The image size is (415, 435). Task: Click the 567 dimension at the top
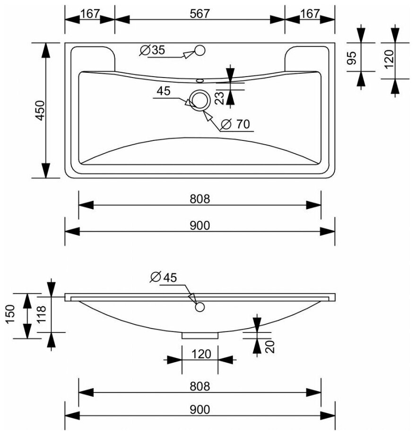coord(200,14)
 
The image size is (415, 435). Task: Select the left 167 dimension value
coord(89,14)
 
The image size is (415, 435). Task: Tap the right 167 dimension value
coord(310,14)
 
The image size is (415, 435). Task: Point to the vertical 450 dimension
coord(40,111)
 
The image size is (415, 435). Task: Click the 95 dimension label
coord(352,58)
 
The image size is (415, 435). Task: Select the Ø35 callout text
coord(153,50)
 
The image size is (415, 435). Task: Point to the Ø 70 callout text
coord(234,124)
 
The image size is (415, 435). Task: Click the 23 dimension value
coord(221,98)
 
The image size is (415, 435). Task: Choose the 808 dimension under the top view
coord(200,199)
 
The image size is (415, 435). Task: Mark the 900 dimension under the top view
coord(200,226)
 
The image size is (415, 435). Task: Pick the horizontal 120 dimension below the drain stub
coord(199,352)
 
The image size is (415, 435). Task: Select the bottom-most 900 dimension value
coord(200,409)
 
